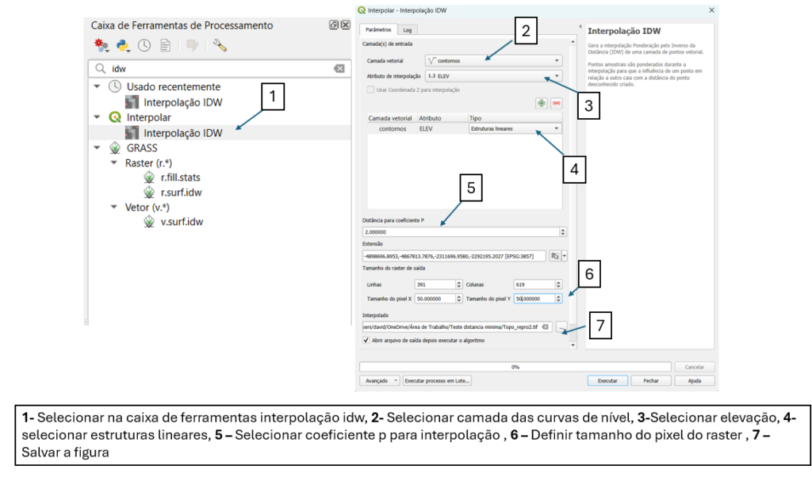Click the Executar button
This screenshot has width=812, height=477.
(607, 380)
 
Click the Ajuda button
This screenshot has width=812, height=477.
(694, 380)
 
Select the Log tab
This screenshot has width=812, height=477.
(407, 29)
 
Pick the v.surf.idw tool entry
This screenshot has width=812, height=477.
(182, 222)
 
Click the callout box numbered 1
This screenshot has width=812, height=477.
(272, 97)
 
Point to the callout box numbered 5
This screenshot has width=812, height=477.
(470, 188)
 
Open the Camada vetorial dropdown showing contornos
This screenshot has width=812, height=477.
(492, 60)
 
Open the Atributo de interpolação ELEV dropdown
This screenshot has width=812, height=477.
(492, 76)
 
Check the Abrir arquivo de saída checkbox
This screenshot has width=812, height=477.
(366, 340)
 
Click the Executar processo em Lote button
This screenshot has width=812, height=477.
(438, 380)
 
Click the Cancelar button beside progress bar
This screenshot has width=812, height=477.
(694, 367)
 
